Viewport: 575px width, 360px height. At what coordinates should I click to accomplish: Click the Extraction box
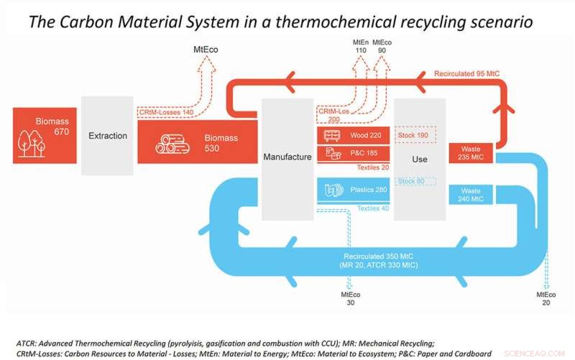(107, 135)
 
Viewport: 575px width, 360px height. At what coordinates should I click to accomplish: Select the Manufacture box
(287, 157)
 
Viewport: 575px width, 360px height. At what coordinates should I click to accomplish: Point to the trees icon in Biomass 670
(30, 143)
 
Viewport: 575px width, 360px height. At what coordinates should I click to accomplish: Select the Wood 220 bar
(353, 135)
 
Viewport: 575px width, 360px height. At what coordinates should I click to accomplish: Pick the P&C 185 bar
(353, 153)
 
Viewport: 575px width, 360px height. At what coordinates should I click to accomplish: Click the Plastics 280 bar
(353, 190)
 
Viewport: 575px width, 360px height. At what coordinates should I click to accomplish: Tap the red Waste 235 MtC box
(470, 154)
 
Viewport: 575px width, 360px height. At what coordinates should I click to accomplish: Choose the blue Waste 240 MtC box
(470, 194)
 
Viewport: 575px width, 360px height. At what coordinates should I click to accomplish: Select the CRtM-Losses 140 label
(167, 112)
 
